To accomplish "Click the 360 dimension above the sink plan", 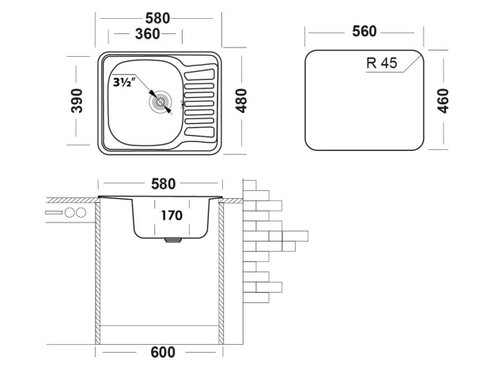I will coord(148,34).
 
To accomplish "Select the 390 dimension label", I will coord(77,100).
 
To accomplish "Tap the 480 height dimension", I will coord(242,100).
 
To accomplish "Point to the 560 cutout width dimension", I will coord(364,32).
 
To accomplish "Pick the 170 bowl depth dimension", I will coord(170,215).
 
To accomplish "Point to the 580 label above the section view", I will coord(163,184).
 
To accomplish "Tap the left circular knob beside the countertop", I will coord(69,214).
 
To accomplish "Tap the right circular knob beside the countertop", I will coord(80,214).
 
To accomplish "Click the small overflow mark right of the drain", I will coord(183,103).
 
